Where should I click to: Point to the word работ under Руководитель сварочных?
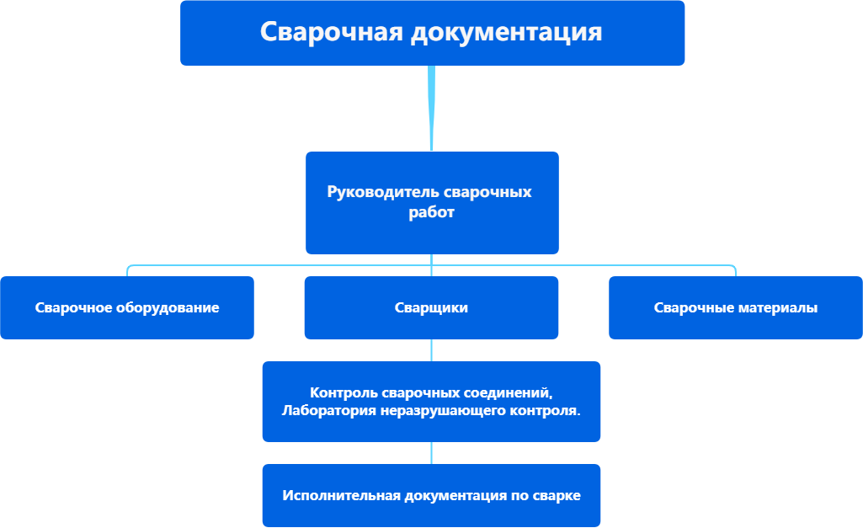(x=432, y=213)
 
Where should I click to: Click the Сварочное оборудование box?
(x=127, y=307)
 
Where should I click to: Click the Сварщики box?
(x=431, y=307)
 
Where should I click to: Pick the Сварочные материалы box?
(x=735, y=307)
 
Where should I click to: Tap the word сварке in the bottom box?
(x=557, y=495)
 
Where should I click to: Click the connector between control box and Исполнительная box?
(x=431, y=453)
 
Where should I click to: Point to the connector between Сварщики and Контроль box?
(x=431, y=350)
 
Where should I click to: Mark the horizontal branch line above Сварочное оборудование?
(x=253, y=266)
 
